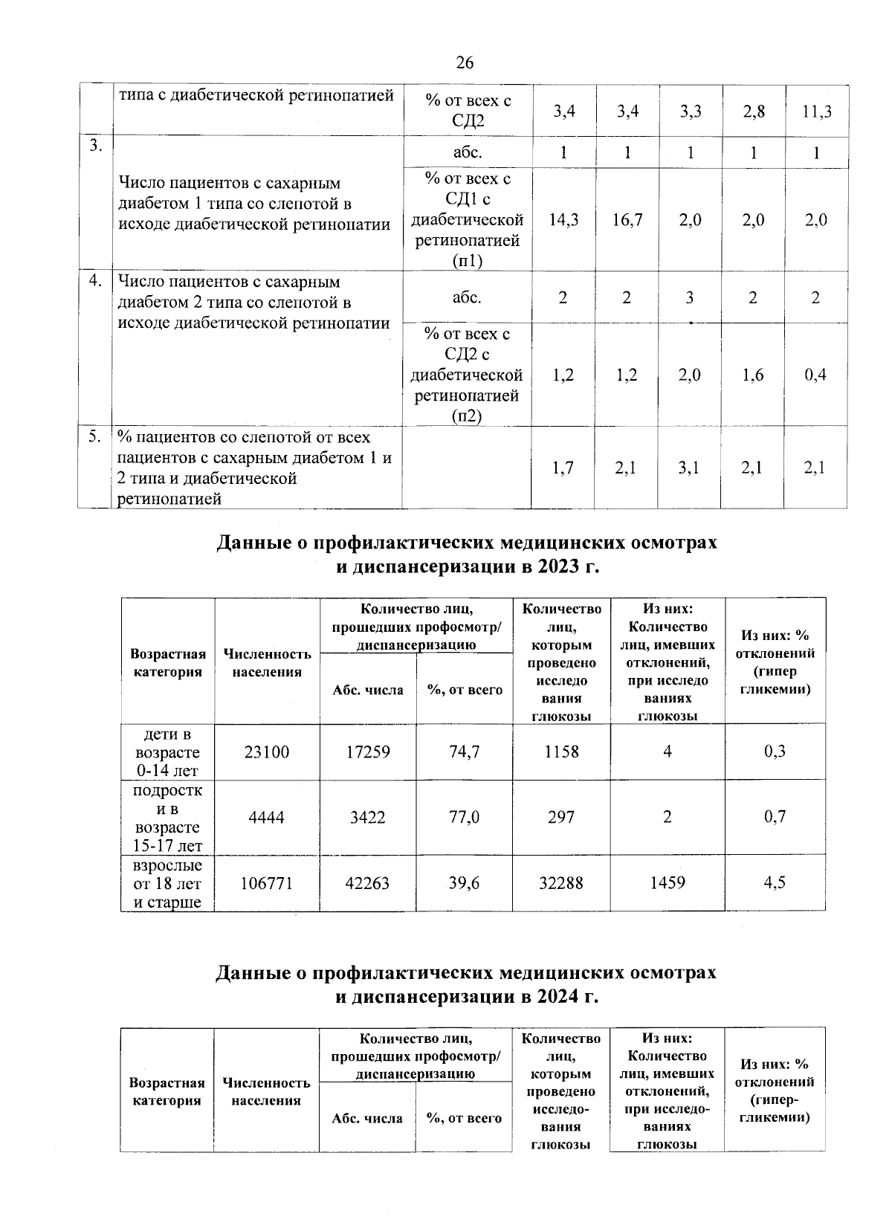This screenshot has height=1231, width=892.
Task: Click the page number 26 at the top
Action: click(x=465, y=62)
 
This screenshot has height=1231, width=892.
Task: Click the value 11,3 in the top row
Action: click(x=816, y=112)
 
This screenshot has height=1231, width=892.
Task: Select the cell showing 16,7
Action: click(x=627, y=220)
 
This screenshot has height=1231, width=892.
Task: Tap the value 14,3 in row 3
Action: click(x=563, y=220)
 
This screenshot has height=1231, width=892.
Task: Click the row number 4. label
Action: click(x=95, y=281)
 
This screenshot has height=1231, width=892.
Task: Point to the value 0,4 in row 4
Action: click(x=815, y=375)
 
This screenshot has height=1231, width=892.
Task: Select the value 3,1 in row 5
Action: click(x=690, y=468)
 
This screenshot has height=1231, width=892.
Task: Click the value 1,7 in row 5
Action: click(x=563, y=468)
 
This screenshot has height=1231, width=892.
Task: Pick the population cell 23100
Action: click(x=267, y=752)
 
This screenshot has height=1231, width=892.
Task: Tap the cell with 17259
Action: click(x=368, y=752)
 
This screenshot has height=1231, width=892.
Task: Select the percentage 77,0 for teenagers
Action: click(x=465, y=817)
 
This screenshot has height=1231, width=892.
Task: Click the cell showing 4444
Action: click(x=267, y=817)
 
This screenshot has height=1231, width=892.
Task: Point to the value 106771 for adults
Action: click(x=267, y=882)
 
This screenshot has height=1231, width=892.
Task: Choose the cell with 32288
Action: click(x=561, y=882)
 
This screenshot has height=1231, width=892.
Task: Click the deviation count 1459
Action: click(x=668, y=882)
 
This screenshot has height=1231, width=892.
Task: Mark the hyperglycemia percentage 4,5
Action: click(x=775, y=882)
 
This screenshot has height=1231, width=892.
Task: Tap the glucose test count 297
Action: click(x=561, y=817)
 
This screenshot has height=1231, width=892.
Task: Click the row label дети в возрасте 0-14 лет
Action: click(x=168, y=752)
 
